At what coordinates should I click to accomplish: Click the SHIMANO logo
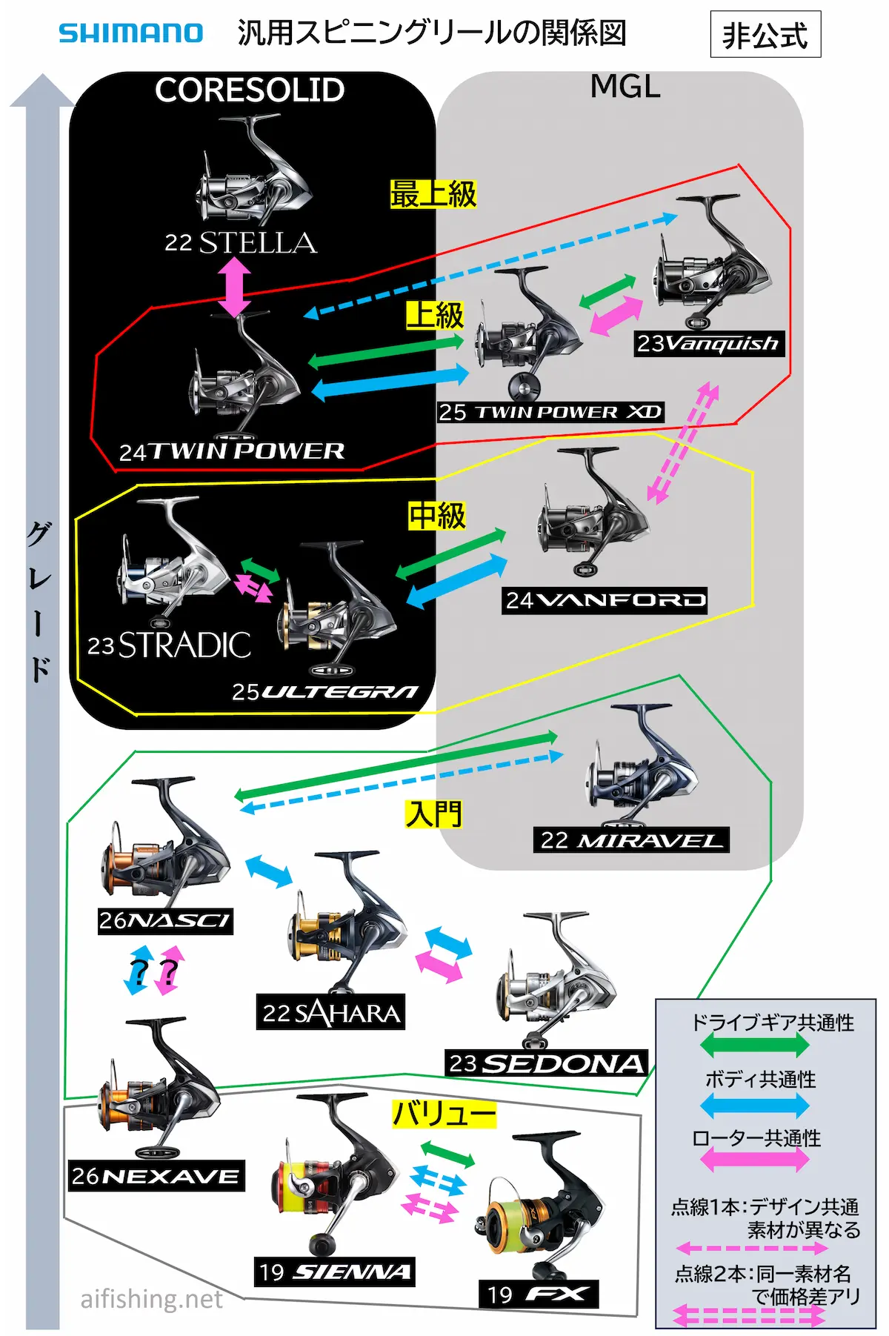pyautogui.click(x=130, y=33)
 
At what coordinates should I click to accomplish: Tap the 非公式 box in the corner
pyautogui.click(x=765, y=35)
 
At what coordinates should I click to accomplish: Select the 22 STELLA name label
pyautogui.click(x=241, y=243)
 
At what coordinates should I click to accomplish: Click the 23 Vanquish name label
pyautogui.click(x=708, y=344)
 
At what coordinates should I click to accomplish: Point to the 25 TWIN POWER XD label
pyautogui.click(x=550, y=412)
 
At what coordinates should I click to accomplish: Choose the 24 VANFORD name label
pyautogui.click(x=605, y=600)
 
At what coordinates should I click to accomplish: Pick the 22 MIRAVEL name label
pyautogui.click(x=630, y=840)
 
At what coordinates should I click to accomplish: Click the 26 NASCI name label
pyautogui.click(x=165, y=921)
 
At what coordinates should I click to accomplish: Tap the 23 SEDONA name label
pyautogui.click(x=546, y=1063)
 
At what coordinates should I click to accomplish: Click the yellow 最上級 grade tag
pyautogui.click(x=433, y=194)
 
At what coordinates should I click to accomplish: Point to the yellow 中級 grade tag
pyautogui.click(x=437, y=516)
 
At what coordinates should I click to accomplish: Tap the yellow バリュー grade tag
pyautogui.click(x=444, y=1114)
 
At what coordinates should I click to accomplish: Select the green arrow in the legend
pyautogui.click(x=754, y=1045)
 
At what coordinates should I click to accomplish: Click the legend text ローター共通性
pyautogui.click(x=756, y=1138)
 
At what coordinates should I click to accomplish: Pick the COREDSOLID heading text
pyautogui.click(x=250, y=90)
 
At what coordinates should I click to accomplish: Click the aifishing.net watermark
pyautogui.click(x=151, y=1299)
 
